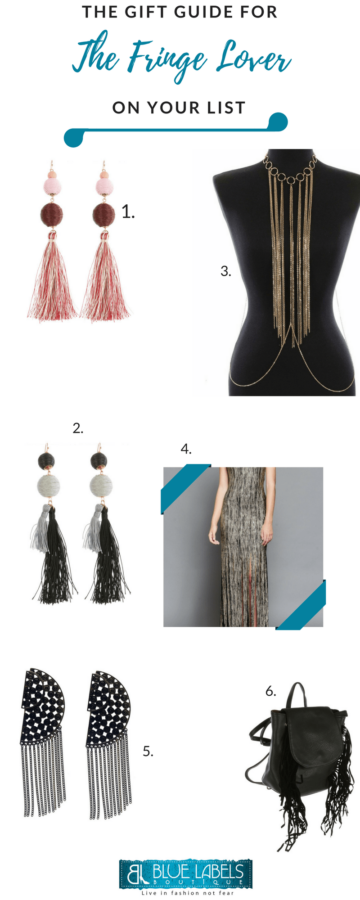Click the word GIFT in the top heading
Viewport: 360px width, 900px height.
click(x=143, y=12)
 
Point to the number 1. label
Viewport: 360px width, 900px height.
click(x=128, y=211)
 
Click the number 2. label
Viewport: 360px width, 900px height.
click(x=78, y=428)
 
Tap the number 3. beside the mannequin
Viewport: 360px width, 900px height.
click(x=226, y=271)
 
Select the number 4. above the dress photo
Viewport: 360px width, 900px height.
click(x=186, y=449)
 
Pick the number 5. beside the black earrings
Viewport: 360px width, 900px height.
click(x=148, y=751)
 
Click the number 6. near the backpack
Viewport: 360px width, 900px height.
click(x=270, y=691)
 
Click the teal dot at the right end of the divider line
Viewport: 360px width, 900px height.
click(x=278, y=121)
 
